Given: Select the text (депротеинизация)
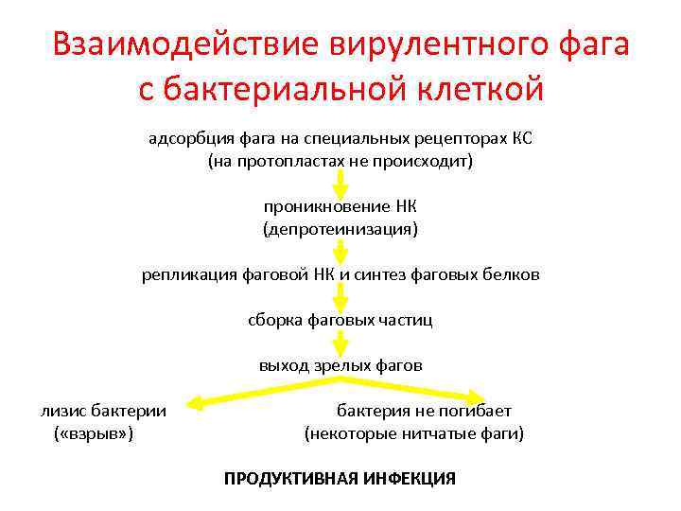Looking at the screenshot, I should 340,229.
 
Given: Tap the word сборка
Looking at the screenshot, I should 275,320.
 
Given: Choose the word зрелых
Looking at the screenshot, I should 337,365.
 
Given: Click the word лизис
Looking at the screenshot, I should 63,411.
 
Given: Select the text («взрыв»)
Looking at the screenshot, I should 94,433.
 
